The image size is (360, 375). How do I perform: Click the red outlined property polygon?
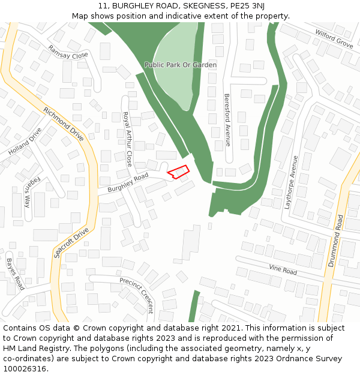(178, 172)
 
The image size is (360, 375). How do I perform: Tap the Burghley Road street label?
(127, 183)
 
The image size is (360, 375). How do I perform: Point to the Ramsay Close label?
(68, 52)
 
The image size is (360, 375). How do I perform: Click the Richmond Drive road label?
(63, 124)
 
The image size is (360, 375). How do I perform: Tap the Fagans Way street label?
(28, 192)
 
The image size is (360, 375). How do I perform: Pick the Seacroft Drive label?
(71, 242)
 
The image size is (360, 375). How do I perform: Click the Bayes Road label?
(15, 274)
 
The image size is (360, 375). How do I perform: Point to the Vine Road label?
(283, 269)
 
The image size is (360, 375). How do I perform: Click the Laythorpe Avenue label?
(292, 182)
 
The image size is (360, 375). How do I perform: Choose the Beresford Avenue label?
(227, 119)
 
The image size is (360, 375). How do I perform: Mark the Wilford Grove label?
(334, 39)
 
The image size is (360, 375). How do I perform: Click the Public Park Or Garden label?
(181, 64)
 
